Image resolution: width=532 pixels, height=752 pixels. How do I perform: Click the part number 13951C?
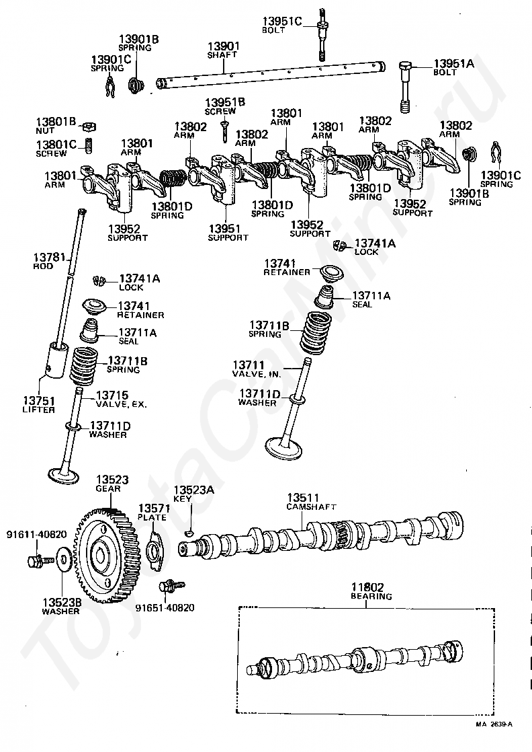pos(282,22)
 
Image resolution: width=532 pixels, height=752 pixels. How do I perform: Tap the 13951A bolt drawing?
pos(405,87)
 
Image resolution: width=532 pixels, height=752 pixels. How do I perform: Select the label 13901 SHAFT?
pos(222,50)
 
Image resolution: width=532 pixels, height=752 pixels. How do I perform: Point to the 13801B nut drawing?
pos(89,126)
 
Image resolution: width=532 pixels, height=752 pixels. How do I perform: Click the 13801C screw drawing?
pos(88,145)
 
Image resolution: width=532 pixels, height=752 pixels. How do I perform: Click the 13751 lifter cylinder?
pos(56,360)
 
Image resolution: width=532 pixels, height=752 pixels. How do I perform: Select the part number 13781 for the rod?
pos(49,258)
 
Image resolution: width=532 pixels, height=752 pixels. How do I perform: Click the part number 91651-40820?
pos(165,608)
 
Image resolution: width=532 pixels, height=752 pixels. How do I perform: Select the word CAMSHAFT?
pos(311,507)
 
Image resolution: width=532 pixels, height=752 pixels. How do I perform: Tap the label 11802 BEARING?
pos(371,591)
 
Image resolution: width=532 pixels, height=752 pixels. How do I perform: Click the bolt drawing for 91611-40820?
pos(39,560)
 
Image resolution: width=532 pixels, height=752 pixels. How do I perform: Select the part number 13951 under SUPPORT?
pos(224,229)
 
